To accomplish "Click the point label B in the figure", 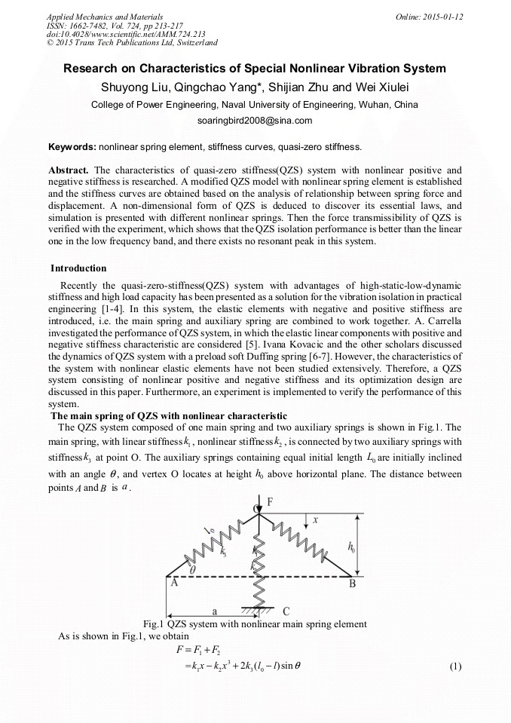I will point(351,583).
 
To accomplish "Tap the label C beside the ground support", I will point(286,611).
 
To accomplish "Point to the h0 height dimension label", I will point(352,546).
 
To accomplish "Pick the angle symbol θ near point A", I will point(192,571).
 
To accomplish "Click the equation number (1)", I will point(454,666).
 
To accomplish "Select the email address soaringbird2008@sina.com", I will point(255,121).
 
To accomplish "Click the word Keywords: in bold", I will point(72,146).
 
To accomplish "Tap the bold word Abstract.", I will point(69,170).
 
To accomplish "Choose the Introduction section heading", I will point(78,268).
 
